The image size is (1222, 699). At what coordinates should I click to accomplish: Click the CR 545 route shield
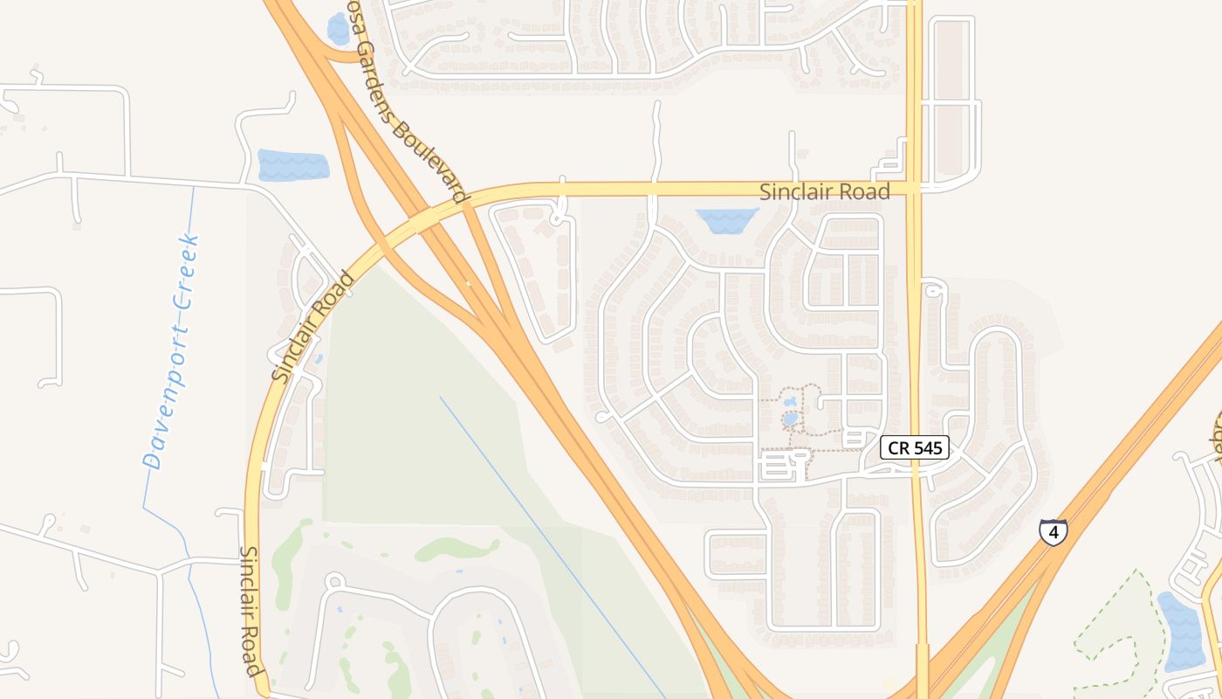(914, 448)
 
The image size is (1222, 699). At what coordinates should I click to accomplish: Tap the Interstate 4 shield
(1054, 531)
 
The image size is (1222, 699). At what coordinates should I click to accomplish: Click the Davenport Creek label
(172, 352)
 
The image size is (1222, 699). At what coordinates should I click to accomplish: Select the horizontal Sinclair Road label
(824, 192)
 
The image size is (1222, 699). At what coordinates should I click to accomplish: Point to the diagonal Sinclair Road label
(313, 327)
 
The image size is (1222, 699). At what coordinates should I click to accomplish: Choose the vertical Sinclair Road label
(251, 612)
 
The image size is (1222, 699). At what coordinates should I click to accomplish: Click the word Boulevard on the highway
(429, 162)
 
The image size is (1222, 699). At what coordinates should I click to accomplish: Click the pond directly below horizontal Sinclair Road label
(727, 220)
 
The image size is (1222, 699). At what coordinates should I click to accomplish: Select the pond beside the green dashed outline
(1180, 631)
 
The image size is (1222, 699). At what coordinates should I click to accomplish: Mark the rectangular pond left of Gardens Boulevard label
(293, 165)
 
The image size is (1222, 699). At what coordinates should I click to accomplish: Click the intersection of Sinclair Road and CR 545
(914, 188)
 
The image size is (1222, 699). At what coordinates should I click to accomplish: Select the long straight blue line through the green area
(550, 542)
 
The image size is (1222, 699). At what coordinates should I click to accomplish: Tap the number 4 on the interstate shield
(1054, 531)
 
